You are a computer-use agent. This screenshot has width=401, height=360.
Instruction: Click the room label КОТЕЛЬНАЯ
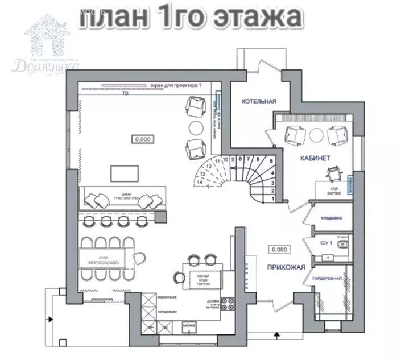(x=259, y=101)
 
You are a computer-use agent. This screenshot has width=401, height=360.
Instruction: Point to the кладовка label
(x=332, y=218)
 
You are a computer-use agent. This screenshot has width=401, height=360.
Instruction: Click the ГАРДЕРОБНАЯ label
(x=326, y=279)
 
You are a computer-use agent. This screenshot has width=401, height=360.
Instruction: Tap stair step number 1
(x=274, y=198)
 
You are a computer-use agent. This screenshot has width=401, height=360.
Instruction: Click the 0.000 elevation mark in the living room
(x=142, y=138)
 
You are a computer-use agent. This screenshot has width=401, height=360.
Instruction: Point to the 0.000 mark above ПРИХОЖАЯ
(x=279, y=249)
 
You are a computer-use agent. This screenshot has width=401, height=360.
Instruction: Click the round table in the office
(x=316, y=134)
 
